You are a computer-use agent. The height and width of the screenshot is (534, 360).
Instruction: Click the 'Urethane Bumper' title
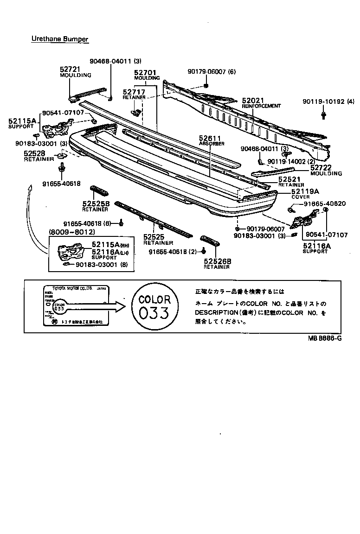click(59, 39)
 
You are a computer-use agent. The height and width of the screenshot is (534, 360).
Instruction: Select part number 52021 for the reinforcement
click(253, 100)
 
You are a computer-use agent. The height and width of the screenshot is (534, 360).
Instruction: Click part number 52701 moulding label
click(145, 73)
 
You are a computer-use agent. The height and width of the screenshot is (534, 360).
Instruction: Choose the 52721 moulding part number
click(70, 69)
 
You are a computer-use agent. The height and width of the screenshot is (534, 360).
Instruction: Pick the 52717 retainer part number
click(134, 92)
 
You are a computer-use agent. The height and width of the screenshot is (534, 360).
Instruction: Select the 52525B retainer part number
click(96, 203)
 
